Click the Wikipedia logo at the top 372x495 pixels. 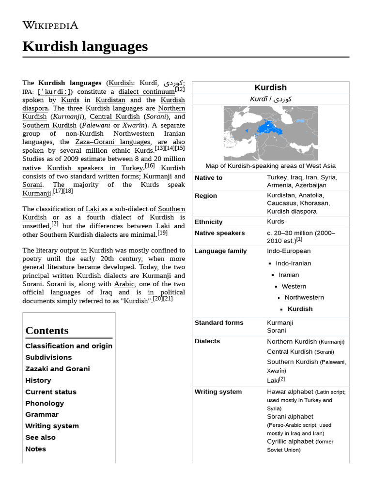click(x=50, y=25)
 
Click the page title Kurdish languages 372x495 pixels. click(x=85, y=46)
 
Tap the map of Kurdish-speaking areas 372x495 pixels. click(x=270, y=133)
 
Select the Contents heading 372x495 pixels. click(x=47, y=331)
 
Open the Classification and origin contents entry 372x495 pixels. click(x=69, y=346)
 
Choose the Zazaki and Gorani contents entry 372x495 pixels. click(x=58, y=369)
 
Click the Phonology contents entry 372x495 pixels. click(x=45, y=403)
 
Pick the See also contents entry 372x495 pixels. click(x=41, y=437)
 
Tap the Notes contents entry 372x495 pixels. click(x=36, y=449)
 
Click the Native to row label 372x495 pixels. click(x=209, y=178)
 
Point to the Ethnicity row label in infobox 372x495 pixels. click(x=209, y=222)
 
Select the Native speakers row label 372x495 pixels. click(x=219, y=233)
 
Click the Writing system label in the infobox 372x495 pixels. click(x=218, y=392)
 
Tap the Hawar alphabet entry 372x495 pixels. click(x=290, y=392)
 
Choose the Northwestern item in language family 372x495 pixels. click(x=304, y=298)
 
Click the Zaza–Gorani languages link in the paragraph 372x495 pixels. click(x=112, y=142)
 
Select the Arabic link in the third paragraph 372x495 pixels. click(x=124, y=284)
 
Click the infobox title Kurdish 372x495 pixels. click(x=270, y=87)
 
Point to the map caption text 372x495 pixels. click(x=270, y=166)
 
